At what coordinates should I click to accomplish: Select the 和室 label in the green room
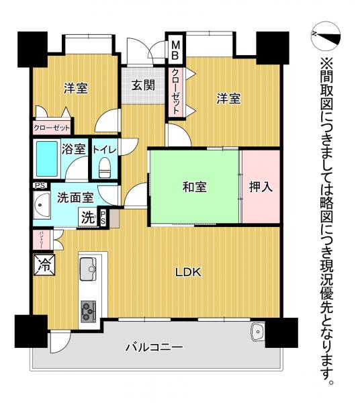coord(194,187)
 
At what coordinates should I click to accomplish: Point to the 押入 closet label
coord(261,187)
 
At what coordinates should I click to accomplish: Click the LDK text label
coord(189,272)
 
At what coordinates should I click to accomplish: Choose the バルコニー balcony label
coord(154,347)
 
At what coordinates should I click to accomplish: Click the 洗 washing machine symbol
coord(89,217)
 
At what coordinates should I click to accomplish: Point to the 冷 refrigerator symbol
coord(42,263)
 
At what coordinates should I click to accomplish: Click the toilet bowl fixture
coord(103,170)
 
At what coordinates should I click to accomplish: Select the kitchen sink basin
coord(89,269)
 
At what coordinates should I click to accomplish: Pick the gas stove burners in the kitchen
coord(89,310)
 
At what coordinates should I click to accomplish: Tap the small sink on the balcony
coord(257,332)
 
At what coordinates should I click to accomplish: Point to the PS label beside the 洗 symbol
coord(103,217)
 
